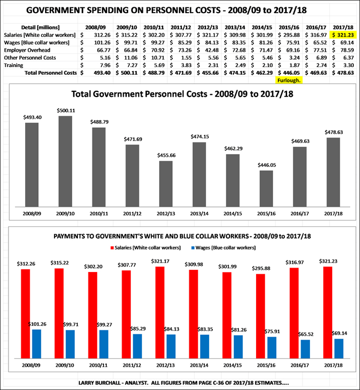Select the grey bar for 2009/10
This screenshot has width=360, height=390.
(x=65, y=160)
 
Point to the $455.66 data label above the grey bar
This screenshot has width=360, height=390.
(x=166, y=155)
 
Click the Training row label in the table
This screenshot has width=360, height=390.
(x=14, y=65)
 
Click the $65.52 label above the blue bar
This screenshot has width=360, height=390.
(x=305, y=333)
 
